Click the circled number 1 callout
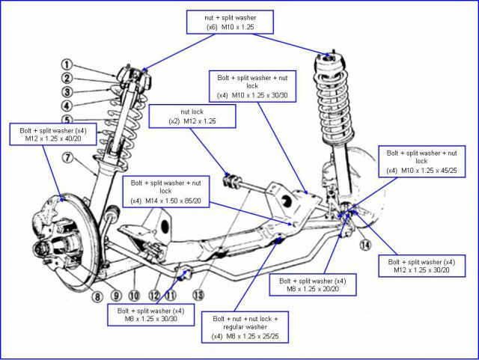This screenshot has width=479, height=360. click(67, 64)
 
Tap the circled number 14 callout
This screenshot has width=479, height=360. click(364, 245)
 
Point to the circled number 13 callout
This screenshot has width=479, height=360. click(198, 295)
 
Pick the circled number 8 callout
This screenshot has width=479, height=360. click(97, 296)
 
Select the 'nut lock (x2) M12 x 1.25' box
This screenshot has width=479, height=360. click(192, 116)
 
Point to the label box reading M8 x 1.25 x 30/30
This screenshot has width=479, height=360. click(146, 315)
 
